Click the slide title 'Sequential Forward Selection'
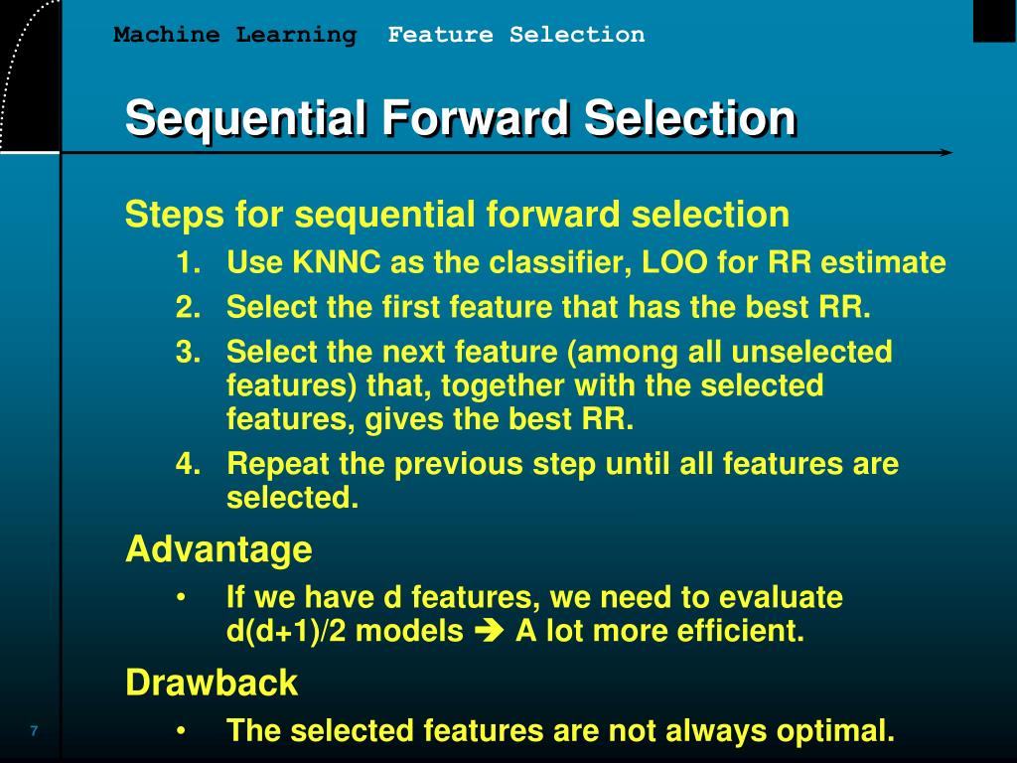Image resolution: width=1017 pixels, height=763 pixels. tap(461, 118)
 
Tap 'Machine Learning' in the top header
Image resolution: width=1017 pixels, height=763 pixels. tap(234, 35)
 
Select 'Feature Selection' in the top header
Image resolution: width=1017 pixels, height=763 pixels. tap(516, 34)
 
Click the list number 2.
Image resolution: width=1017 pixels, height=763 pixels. tap(188, 307)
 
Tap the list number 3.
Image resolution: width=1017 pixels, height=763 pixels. tap(188, 352)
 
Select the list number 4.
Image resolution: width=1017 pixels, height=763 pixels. tap(188, 464)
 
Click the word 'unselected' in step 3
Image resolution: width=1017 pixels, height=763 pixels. tap(811, 352)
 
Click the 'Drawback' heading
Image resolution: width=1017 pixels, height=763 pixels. tap(212, 683)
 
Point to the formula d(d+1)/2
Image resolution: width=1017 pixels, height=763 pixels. tap(286, 631)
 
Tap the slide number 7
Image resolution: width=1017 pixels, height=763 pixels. tap(34, 730)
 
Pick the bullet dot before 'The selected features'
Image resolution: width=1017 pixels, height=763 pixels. tap(182, 731)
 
